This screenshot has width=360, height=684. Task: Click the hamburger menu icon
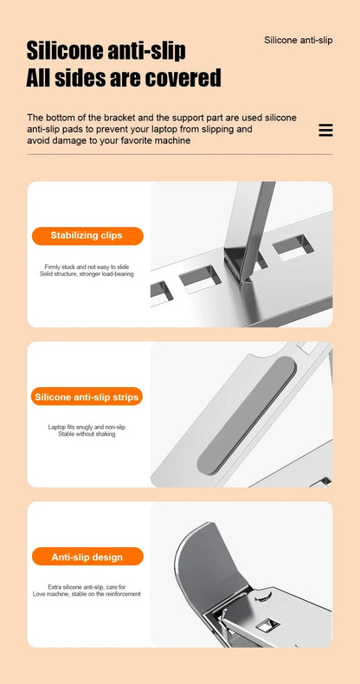[325, 130]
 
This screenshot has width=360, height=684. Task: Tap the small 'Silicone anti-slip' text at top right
[299, 41]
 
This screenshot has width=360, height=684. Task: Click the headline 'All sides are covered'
[124, 78]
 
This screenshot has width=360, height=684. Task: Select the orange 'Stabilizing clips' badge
[87, 236]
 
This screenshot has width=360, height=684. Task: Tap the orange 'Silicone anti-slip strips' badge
[87, 397]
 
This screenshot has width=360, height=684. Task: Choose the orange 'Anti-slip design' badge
[87, 558]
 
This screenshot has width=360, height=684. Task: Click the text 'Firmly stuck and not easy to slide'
[87, 267]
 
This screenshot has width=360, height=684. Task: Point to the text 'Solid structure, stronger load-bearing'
[87, 274]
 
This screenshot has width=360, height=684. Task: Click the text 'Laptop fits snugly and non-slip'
[87, 427]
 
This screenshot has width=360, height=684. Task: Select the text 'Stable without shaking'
[87, 434]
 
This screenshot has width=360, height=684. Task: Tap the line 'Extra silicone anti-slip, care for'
[87, 587]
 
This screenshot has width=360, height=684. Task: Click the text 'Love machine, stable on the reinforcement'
[87, 594]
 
